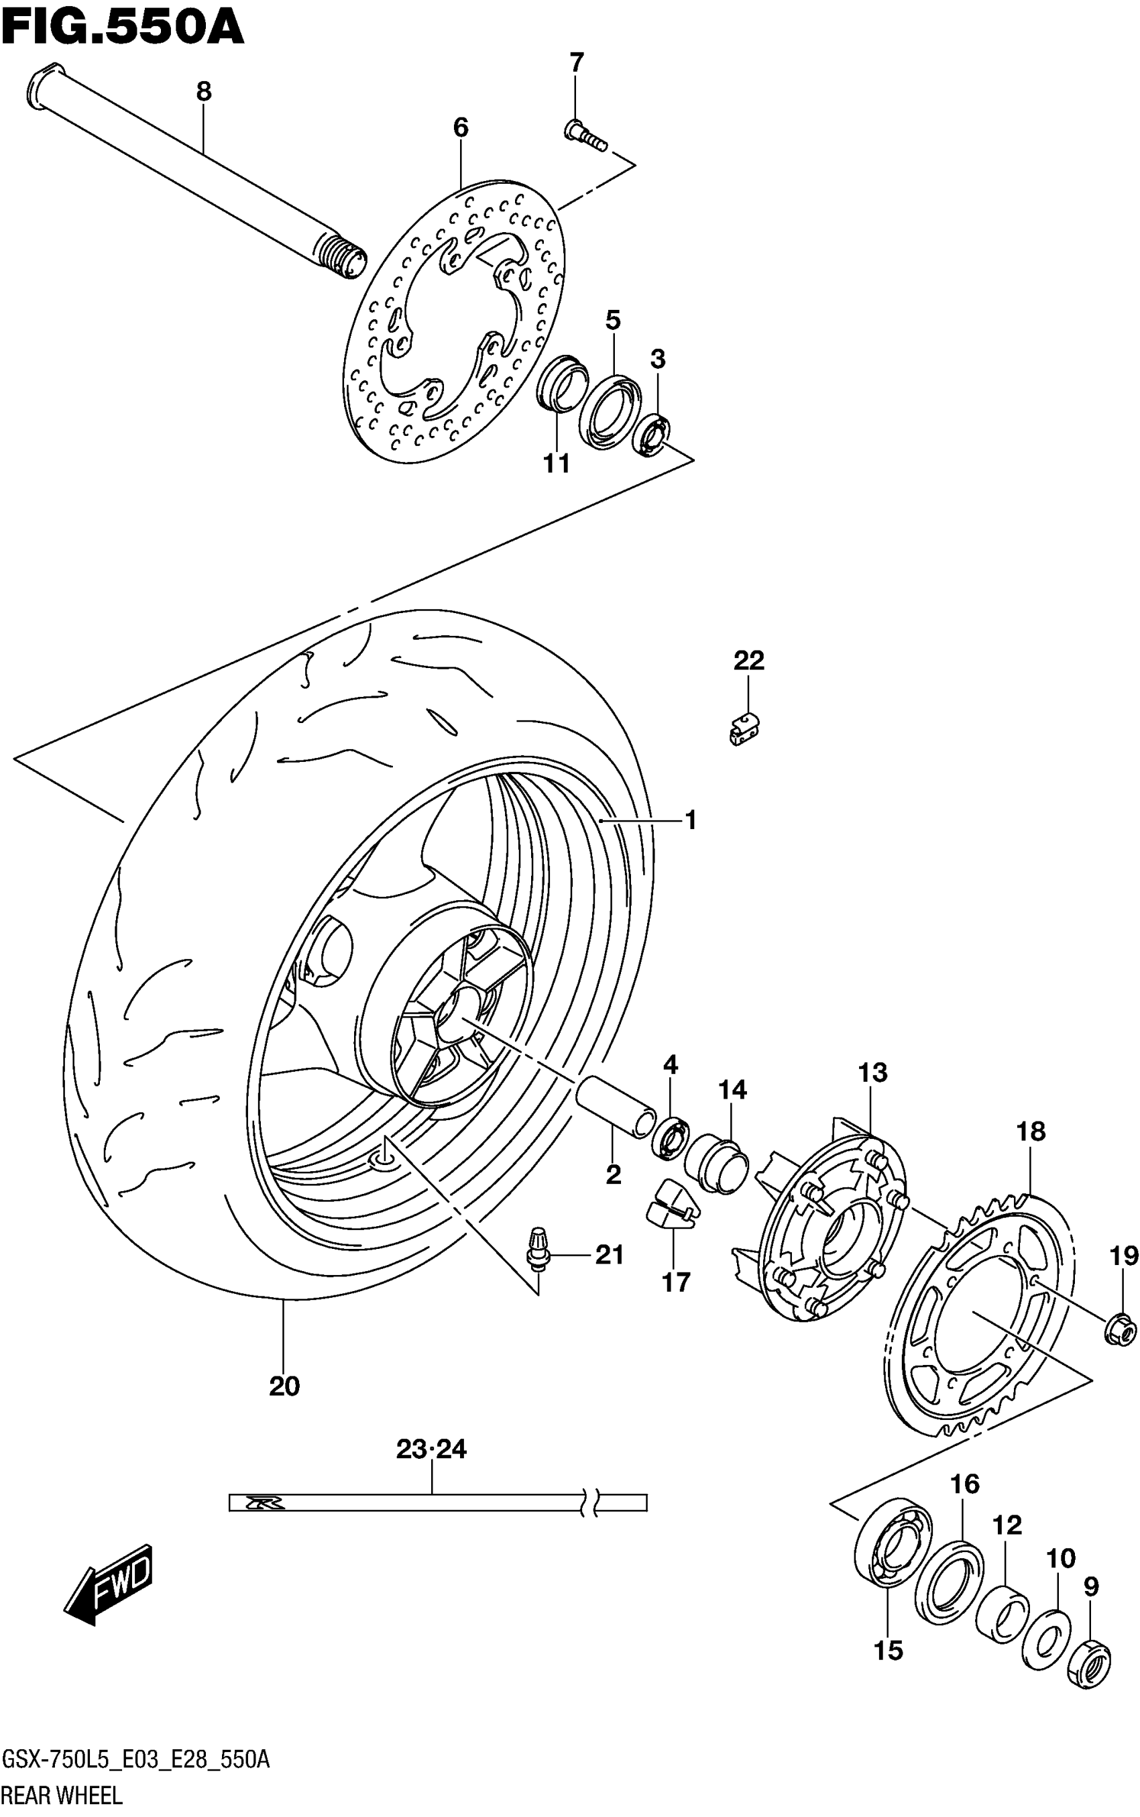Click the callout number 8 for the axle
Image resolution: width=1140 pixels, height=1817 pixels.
204,91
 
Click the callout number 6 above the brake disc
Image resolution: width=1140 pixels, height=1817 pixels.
461,127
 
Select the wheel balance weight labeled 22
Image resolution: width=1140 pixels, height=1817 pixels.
744,728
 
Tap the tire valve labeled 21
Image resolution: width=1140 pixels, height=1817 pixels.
538,1256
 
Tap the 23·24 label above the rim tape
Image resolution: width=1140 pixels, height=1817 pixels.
431,1448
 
